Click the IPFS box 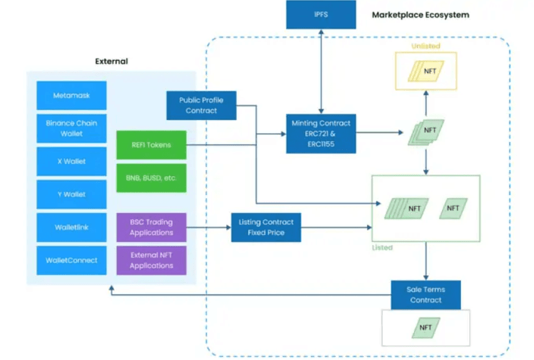point(321,14)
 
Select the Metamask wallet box point(71,96)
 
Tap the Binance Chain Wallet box point(71,129)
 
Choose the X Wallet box point(71,161)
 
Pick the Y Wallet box point(71,194)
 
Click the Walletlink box point(71,227)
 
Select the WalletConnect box point(71,260)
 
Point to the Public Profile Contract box point(201,106)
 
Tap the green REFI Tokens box point(151,145)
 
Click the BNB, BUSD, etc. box point(151,178)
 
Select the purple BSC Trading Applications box point(151,227)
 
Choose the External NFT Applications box point(151,261)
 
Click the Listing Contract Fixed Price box point(266,227)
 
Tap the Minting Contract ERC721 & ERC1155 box point(321,134)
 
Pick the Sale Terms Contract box point(425,295)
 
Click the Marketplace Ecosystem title point(420,14)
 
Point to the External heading point(111,61)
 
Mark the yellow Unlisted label point(425,46)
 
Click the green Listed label point(382,247)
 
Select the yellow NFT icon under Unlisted point(425,71)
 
